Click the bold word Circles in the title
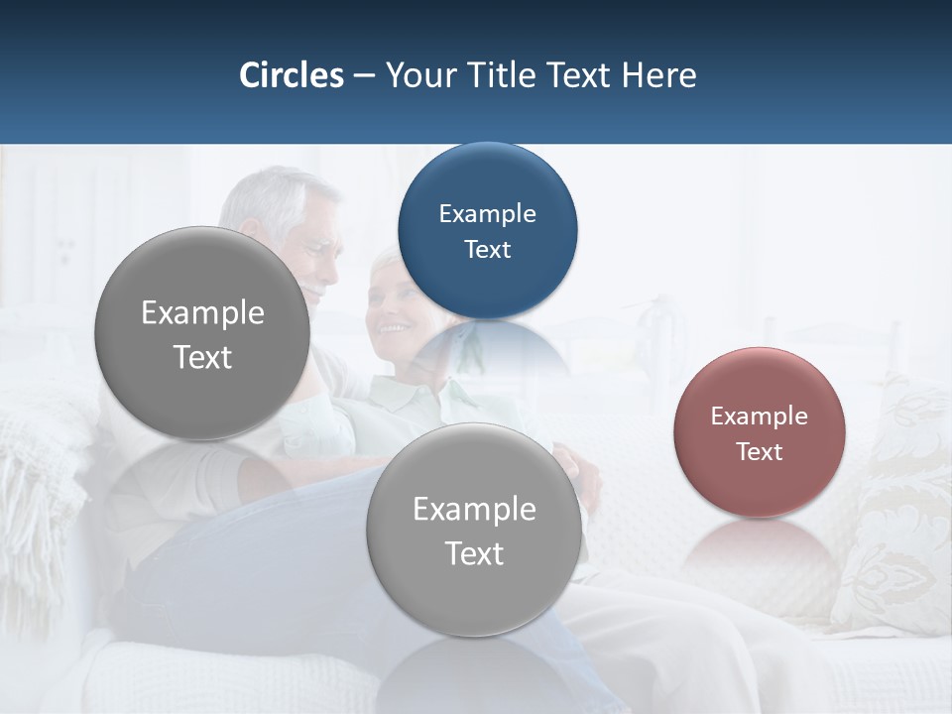click(x=291, y=75)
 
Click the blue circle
click(x=487, y=230)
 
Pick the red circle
click(x=759, y=432)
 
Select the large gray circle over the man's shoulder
click(x=202, y=333)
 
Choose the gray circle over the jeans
click(x=474, y=530)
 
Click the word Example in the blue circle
click(x=487, y=213)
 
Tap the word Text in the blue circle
click(x=487, y=249)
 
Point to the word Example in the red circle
click(x=759, y=416)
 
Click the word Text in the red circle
click(x=759, y=451)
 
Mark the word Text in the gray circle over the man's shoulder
click(x=202, y=357)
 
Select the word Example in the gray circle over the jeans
click(x=474, y=509)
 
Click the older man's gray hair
click(x=268, y=198)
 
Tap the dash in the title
click(x=364, y=76)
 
